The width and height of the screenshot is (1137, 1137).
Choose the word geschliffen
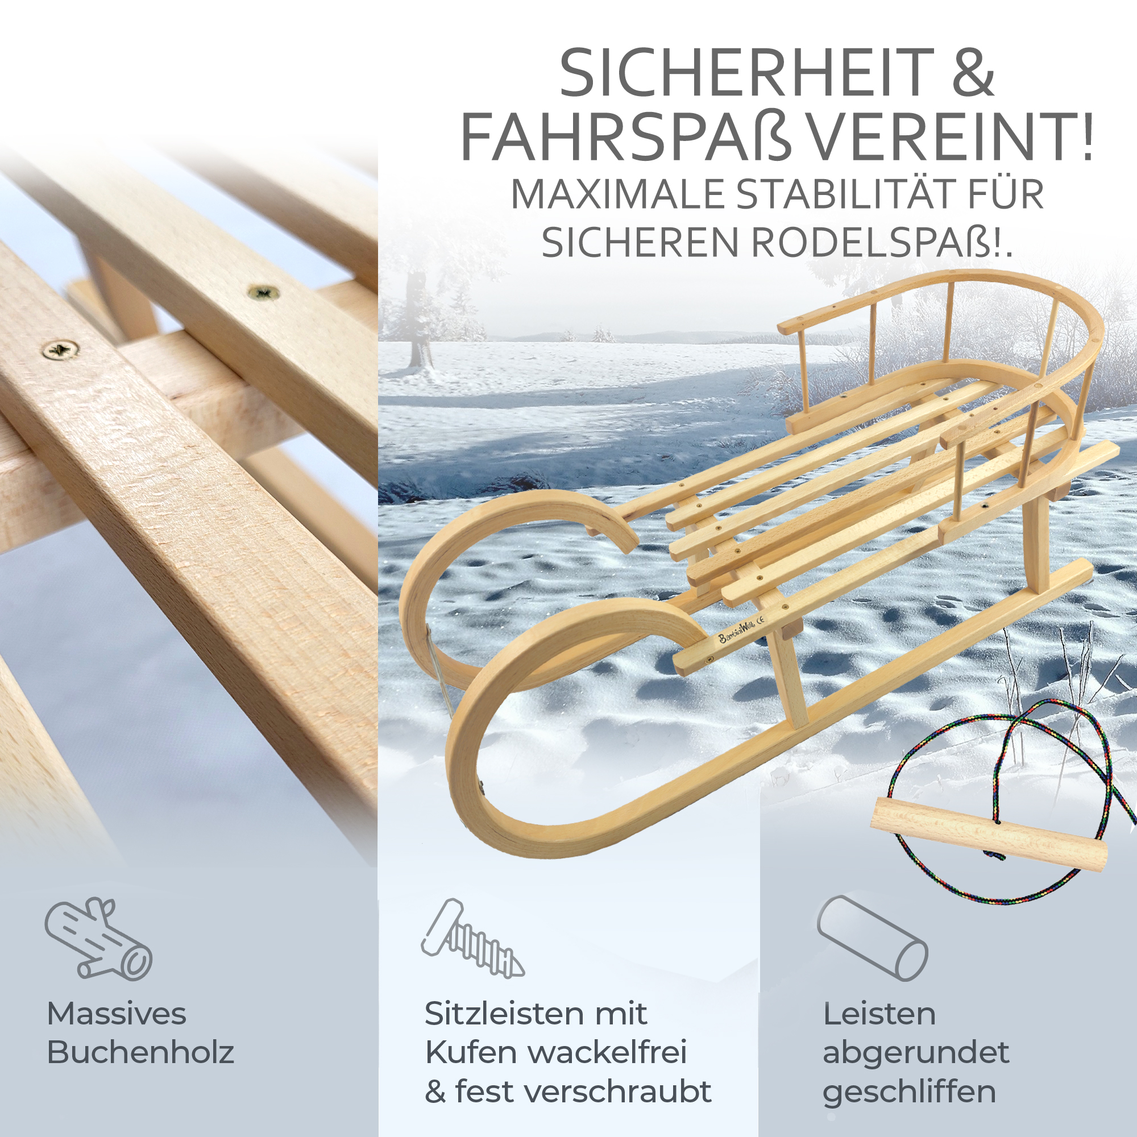pyautogui.click(x=909, y=1093)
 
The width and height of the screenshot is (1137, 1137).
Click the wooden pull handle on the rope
pyautogui.click(x=989, y=835)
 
